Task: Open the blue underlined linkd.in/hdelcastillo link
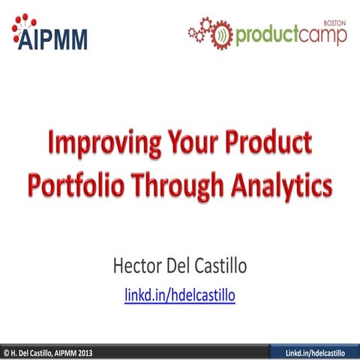point(180,296)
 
